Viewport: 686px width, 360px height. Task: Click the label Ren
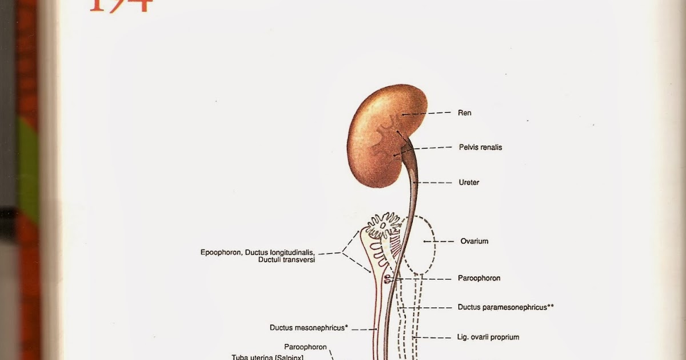(464, 113)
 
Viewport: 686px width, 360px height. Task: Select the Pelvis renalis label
(480, 147)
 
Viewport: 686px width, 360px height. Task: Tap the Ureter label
(469, 183)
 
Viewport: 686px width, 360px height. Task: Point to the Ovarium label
(474, 241)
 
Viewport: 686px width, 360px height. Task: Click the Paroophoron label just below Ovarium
(479, 278)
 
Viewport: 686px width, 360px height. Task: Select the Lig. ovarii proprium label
(488, 337)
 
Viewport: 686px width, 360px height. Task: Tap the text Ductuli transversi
(286, 260)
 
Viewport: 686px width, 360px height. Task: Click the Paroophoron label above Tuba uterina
(305, 347)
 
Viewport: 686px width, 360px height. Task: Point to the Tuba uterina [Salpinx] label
(267, 357)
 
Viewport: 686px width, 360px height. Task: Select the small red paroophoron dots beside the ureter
(388, 279)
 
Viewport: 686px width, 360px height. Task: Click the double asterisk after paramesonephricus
(551, 307)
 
